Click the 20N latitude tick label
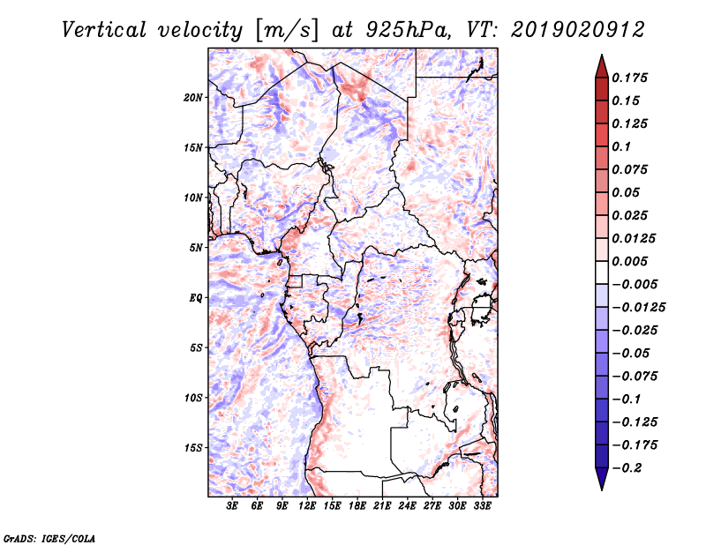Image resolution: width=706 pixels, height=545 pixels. pos(193,97)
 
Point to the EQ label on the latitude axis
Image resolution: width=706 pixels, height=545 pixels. pos(196,298)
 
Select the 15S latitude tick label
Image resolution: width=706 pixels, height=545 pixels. pos(193,448)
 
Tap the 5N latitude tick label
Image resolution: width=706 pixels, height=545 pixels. pos(196,248)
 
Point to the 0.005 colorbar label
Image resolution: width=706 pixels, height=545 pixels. pos(631,262)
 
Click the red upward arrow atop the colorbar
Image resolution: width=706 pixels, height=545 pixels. pos(600,65)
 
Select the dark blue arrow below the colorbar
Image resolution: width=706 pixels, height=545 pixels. pos(600,479)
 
